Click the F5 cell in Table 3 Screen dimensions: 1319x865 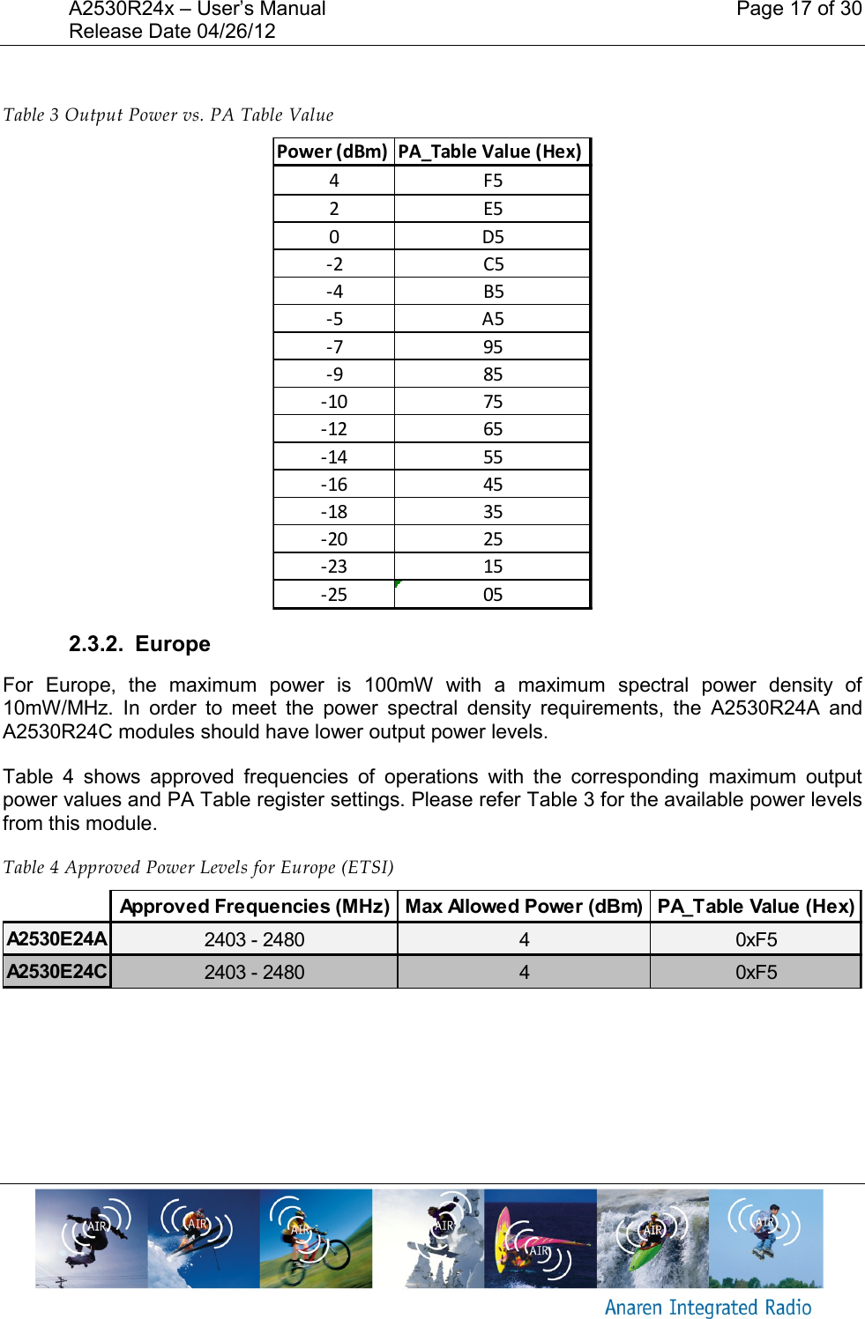[x=492, y=181]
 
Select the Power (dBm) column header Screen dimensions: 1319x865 [x=332, y=152]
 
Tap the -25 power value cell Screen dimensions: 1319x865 [x=333, y=595]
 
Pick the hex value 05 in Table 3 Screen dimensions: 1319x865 [x=492, y=595]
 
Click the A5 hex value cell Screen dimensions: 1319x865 [x=492, y=319]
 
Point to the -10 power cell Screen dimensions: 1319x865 [x=333, y=402]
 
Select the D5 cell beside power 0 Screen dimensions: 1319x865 [x=492, y=237]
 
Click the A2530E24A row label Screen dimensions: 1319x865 [x=57, y=939]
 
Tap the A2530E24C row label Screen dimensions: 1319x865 [x=57, y=972]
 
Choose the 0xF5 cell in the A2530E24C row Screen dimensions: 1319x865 [x=756, y=972]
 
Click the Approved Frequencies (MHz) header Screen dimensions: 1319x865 [x=254, y=907]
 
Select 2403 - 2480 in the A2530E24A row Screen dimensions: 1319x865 [x=254, y=940]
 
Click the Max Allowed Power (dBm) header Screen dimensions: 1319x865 [x=524, y=907]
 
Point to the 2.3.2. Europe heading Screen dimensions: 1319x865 [x=139, y=644]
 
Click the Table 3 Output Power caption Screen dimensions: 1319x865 [x=168, y=115]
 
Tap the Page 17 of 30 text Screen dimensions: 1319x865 [x=798, y=10]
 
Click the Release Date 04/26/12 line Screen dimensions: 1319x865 [x=172, y=32]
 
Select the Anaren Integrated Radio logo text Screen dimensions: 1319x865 [x=707, y=1308]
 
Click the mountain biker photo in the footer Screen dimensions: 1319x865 [x=316, y=1238]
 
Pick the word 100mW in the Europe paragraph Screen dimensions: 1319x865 [x=399, y=685]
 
